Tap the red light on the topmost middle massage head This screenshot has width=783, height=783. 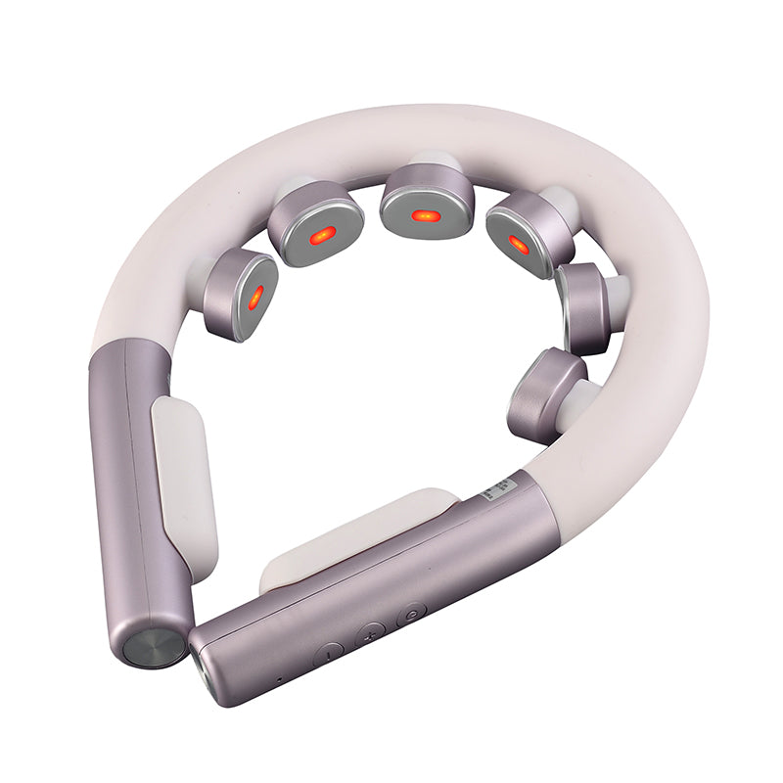[x=423, y=214]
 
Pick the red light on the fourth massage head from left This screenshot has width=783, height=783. [x=519, y=245]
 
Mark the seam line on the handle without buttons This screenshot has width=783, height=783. [x=136, y=489]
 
